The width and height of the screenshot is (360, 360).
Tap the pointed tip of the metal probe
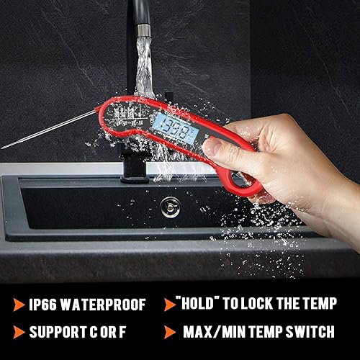(x=3, y=147)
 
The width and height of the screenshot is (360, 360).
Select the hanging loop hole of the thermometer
(x=237, y=179)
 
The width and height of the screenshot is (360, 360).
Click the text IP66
(x=45, y=305)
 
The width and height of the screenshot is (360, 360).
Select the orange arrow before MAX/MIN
(x=171, y=332)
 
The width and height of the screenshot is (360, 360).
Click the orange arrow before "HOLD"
(x=171, y=305)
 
